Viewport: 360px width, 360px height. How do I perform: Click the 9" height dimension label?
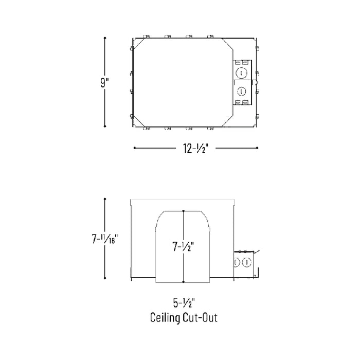[x=104, y=82]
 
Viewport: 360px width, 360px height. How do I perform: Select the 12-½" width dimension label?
[x=195, y=148]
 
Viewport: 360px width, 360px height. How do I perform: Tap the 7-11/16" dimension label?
[x=105, y=239]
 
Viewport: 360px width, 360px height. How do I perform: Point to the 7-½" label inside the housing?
[x=183, y=246]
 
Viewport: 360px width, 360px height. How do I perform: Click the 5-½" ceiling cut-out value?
[x=184, y=303]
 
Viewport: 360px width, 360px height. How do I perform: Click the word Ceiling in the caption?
[x=165, y=318]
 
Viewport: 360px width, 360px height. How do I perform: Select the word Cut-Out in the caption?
[x=200, y=317]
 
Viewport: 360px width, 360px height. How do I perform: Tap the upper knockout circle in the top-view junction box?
[x=241, y=73]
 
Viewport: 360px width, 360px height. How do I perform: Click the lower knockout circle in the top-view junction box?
[x=241, y=92]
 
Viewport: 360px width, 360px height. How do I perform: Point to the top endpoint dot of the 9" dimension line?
[x=105, y=38]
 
